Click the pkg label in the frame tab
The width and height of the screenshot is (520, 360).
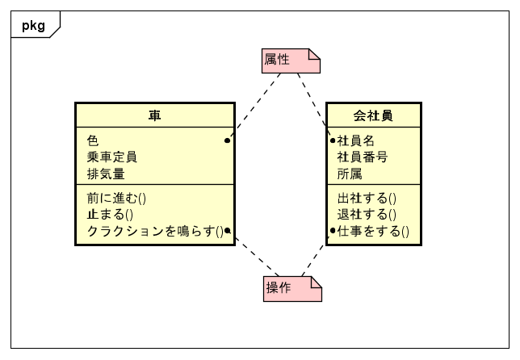tap(33, 26)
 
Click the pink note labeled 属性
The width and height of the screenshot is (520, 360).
tap(291, 61)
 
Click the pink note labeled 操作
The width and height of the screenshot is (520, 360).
tap(292, 289)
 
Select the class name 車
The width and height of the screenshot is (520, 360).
tap(154, 115)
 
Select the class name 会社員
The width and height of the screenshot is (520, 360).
tap(373, 115)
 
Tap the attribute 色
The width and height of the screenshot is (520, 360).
tap(93, 140)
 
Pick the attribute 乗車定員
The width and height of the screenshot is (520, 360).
tap(111, 157)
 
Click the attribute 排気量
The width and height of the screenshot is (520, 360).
tap(106, 174)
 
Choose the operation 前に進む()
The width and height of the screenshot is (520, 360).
tap(116, 199)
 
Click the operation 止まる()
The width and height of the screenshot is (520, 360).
tap(110, 215)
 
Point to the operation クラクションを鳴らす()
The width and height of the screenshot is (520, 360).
tap(155, 231)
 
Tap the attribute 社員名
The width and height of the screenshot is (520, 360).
tap(355, 141)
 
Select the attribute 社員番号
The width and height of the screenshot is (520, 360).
tap(362, 157)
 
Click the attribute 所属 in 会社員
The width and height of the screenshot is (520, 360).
tap(350, 174)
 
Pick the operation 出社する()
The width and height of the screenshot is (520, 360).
tap(367, 199)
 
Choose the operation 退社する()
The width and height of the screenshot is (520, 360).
tap(367, 215)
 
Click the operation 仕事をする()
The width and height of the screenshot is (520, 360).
tap(373, 231)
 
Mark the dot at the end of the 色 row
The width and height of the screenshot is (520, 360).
tap(227, 140)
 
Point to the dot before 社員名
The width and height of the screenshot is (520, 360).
tap(333, 140)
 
